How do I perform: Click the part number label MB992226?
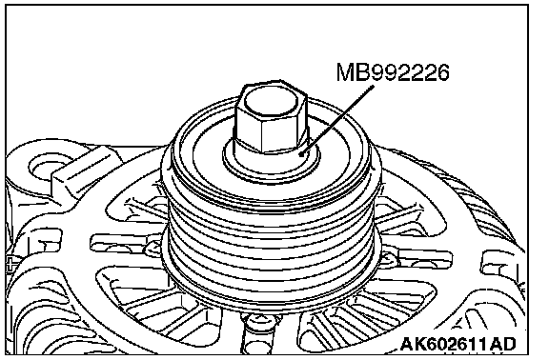coord(393,72)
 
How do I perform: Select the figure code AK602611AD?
coord(457,344)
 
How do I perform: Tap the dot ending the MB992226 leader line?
coord(302,153)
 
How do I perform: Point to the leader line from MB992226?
coord(337,120)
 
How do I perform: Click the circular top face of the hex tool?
coord(272,103)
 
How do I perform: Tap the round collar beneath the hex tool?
coord(272,159)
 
